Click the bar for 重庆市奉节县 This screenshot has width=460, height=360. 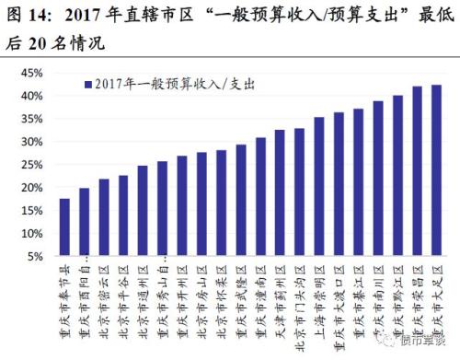(64, 227)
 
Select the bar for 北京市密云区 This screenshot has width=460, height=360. (104, 217)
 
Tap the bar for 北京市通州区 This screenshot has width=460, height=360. (143, 211)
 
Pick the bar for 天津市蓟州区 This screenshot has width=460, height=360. (280, 192)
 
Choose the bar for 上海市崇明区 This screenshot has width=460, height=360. (319, 187)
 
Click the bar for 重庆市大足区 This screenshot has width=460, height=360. (436, 170)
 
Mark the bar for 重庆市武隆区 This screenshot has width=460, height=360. (241, 200)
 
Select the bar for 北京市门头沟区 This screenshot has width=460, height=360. (299, 192)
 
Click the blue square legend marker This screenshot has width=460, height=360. (86, 84)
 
